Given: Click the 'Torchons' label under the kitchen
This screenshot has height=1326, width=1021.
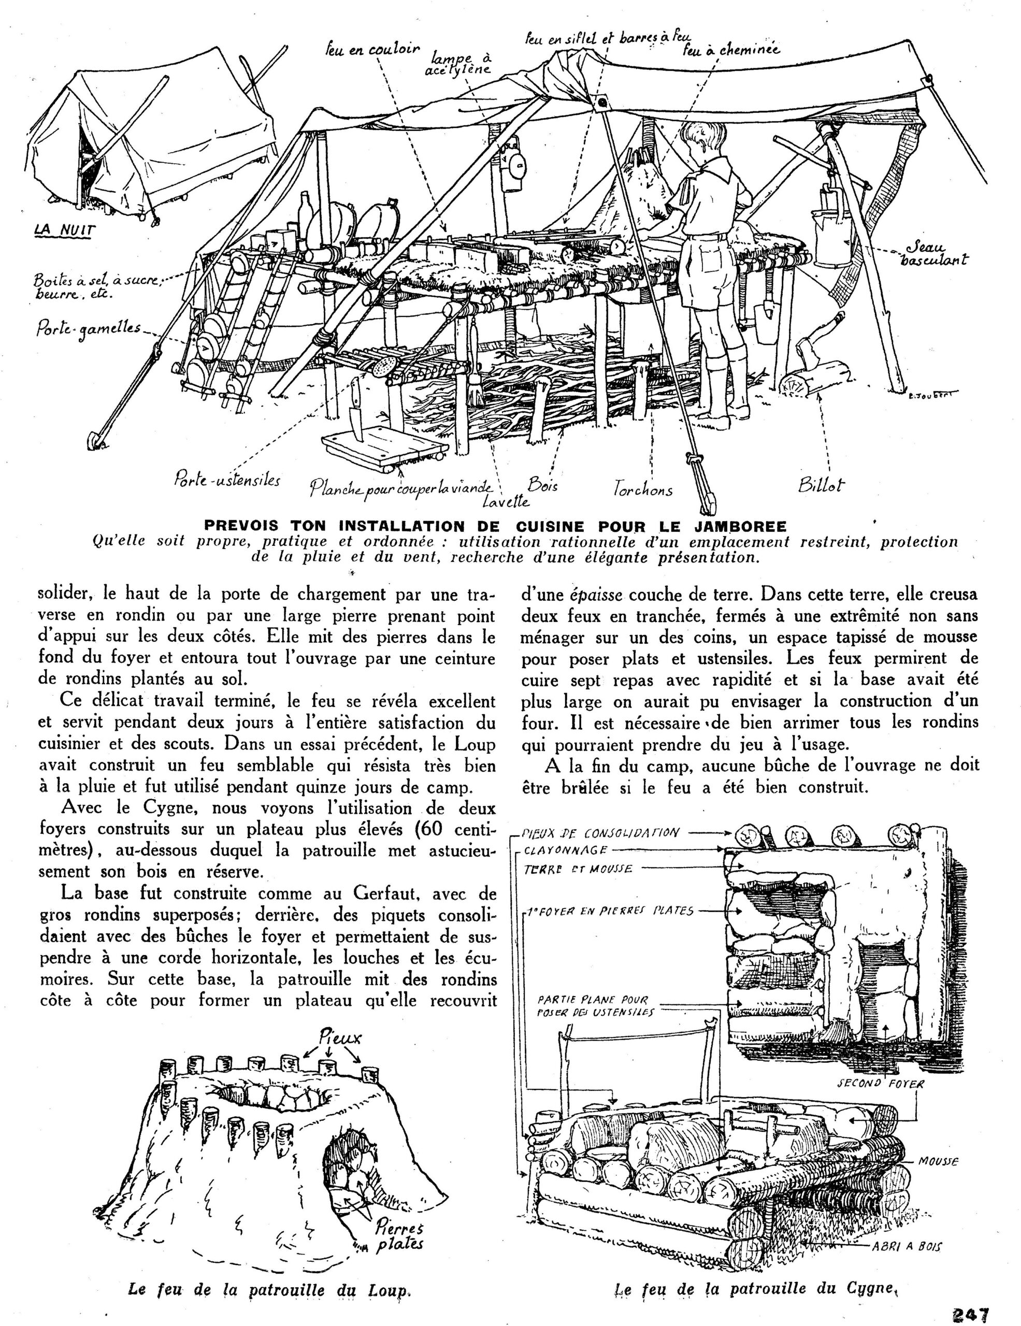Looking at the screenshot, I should tap(642, 489).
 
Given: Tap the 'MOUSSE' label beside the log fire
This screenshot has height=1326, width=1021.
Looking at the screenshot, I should tap(938, 1161).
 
